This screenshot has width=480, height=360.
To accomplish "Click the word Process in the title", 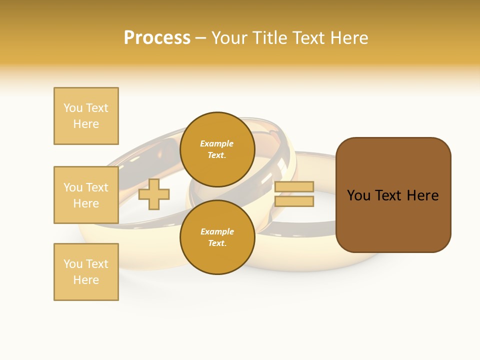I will [x=157, y=38].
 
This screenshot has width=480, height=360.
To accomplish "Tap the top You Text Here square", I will [x=86, y=116].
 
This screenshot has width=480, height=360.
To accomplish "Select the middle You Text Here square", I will [x=86, y=195].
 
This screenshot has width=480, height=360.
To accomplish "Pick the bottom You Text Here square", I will [x=86, y=272].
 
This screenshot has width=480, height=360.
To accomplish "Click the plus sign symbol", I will [x=154, y=194].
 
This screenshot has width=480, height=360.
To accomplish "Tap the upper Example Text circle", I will [x=217, y=149].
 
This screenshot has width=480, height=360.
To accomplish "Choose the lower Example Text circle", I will [x=217, y=237].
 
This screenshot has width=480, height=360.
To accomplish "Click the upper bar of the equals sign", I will [x=294, y=186].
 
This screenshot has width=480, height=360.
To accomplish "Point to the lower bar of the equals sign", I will [x=294, y=201].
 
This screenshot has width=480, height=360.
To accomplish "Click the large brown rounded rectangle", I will [x=393, y=220].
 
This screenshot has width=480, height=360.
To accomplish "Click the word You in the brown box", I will [x=358, y=195].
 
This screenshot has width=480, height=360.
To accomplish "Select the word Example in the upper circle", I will [x=217, y=143].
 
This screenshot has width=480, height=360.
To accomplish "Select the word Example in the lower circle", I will [x=217, y=231].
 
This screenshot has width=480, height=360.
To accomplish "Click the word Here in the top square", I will [x=86, y=124].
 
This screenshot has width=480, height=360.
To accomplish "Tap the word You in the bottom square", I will [x=73, y=264].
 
